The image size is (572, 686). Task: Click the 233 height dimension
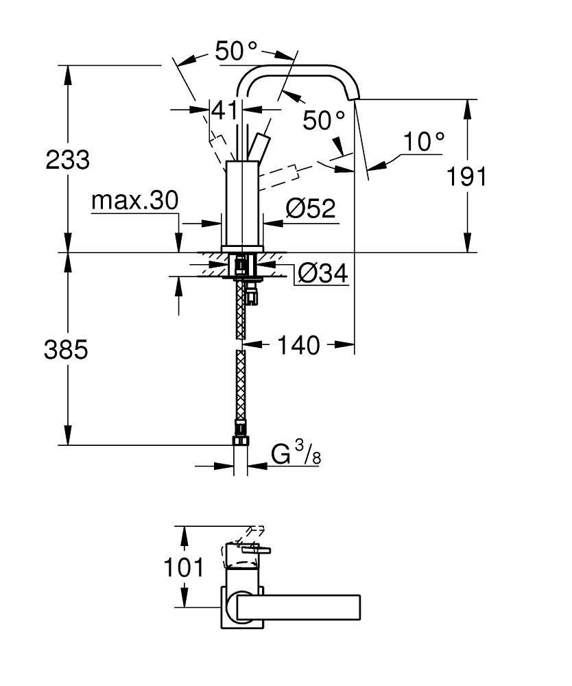point(68,160)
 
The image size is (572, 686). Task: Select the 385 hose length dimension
point(66,350)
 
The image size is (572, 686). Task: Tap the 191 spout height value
point(466,177)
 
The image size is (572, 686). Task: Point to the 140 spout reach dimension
point(298,345)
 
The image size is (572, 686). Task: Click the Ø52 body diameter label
point(311,209)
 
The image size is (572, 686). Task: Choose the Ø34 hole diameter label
point(323,274)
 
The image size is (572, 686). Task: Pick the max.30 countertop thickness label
point(135,201)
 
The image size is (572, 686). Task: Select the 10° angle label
point(423,141)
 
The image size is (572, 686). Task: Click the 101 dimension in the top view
point(184,567)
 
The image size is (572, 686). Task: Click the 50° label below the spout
point(324,120)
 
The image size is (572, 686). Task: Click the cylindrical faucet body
point(243,204)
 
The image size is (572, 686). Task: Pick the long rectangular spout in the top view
point(298,607)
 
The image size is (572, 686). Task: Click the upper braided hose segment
point(240,309)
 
